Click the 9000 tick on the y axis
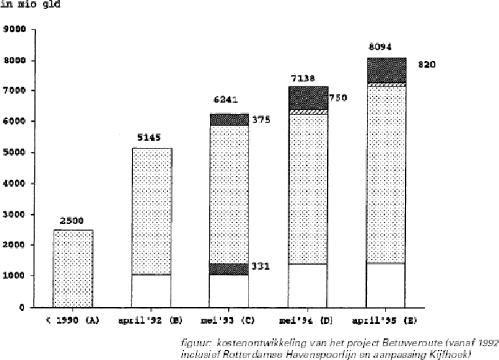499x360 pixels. [16, 29]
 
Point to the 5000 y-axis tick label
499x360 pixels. [16, 153]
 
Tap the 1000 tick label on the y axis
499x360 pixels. [16, 276]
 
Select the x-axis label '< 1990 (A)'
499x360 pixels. [73, 321]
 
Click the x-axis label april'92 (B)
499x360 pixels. [152, 321]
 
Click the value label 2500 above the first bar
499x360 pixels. [73, 221]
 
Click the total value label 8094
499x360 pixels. [381, 47]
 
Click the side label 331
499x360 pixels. [261, 267]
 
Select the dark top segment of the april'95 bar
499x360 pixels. [386, 70]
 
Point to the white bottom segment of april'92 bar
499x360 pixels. [151, 290]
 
